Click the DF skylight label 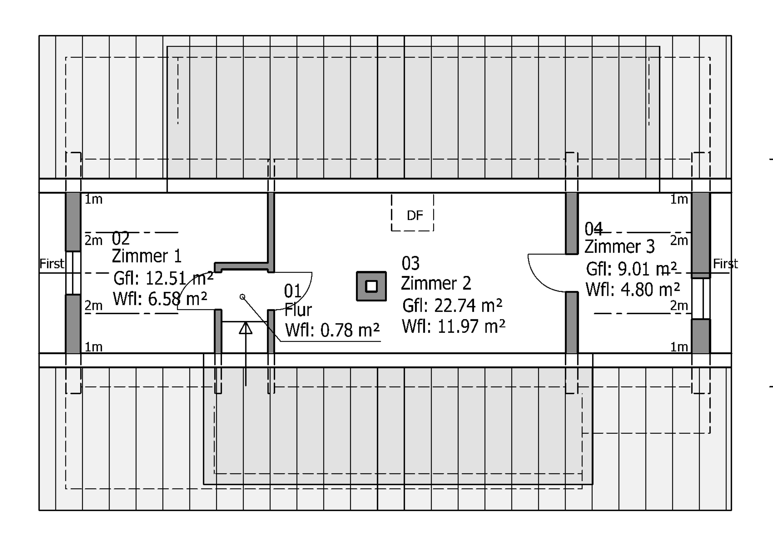415,215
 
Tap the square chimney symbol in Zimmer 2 371,286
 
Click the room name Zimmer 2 436,283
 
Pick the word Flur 298,310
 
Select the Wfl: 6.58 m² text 160,299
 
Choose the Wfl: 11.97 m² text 454,326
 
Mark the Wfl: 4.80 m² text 633,289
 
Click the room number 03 410,263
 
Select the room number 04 593,229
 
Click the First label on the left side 52,264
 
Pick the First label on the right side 725,264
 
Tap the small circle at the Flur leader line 242,297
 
